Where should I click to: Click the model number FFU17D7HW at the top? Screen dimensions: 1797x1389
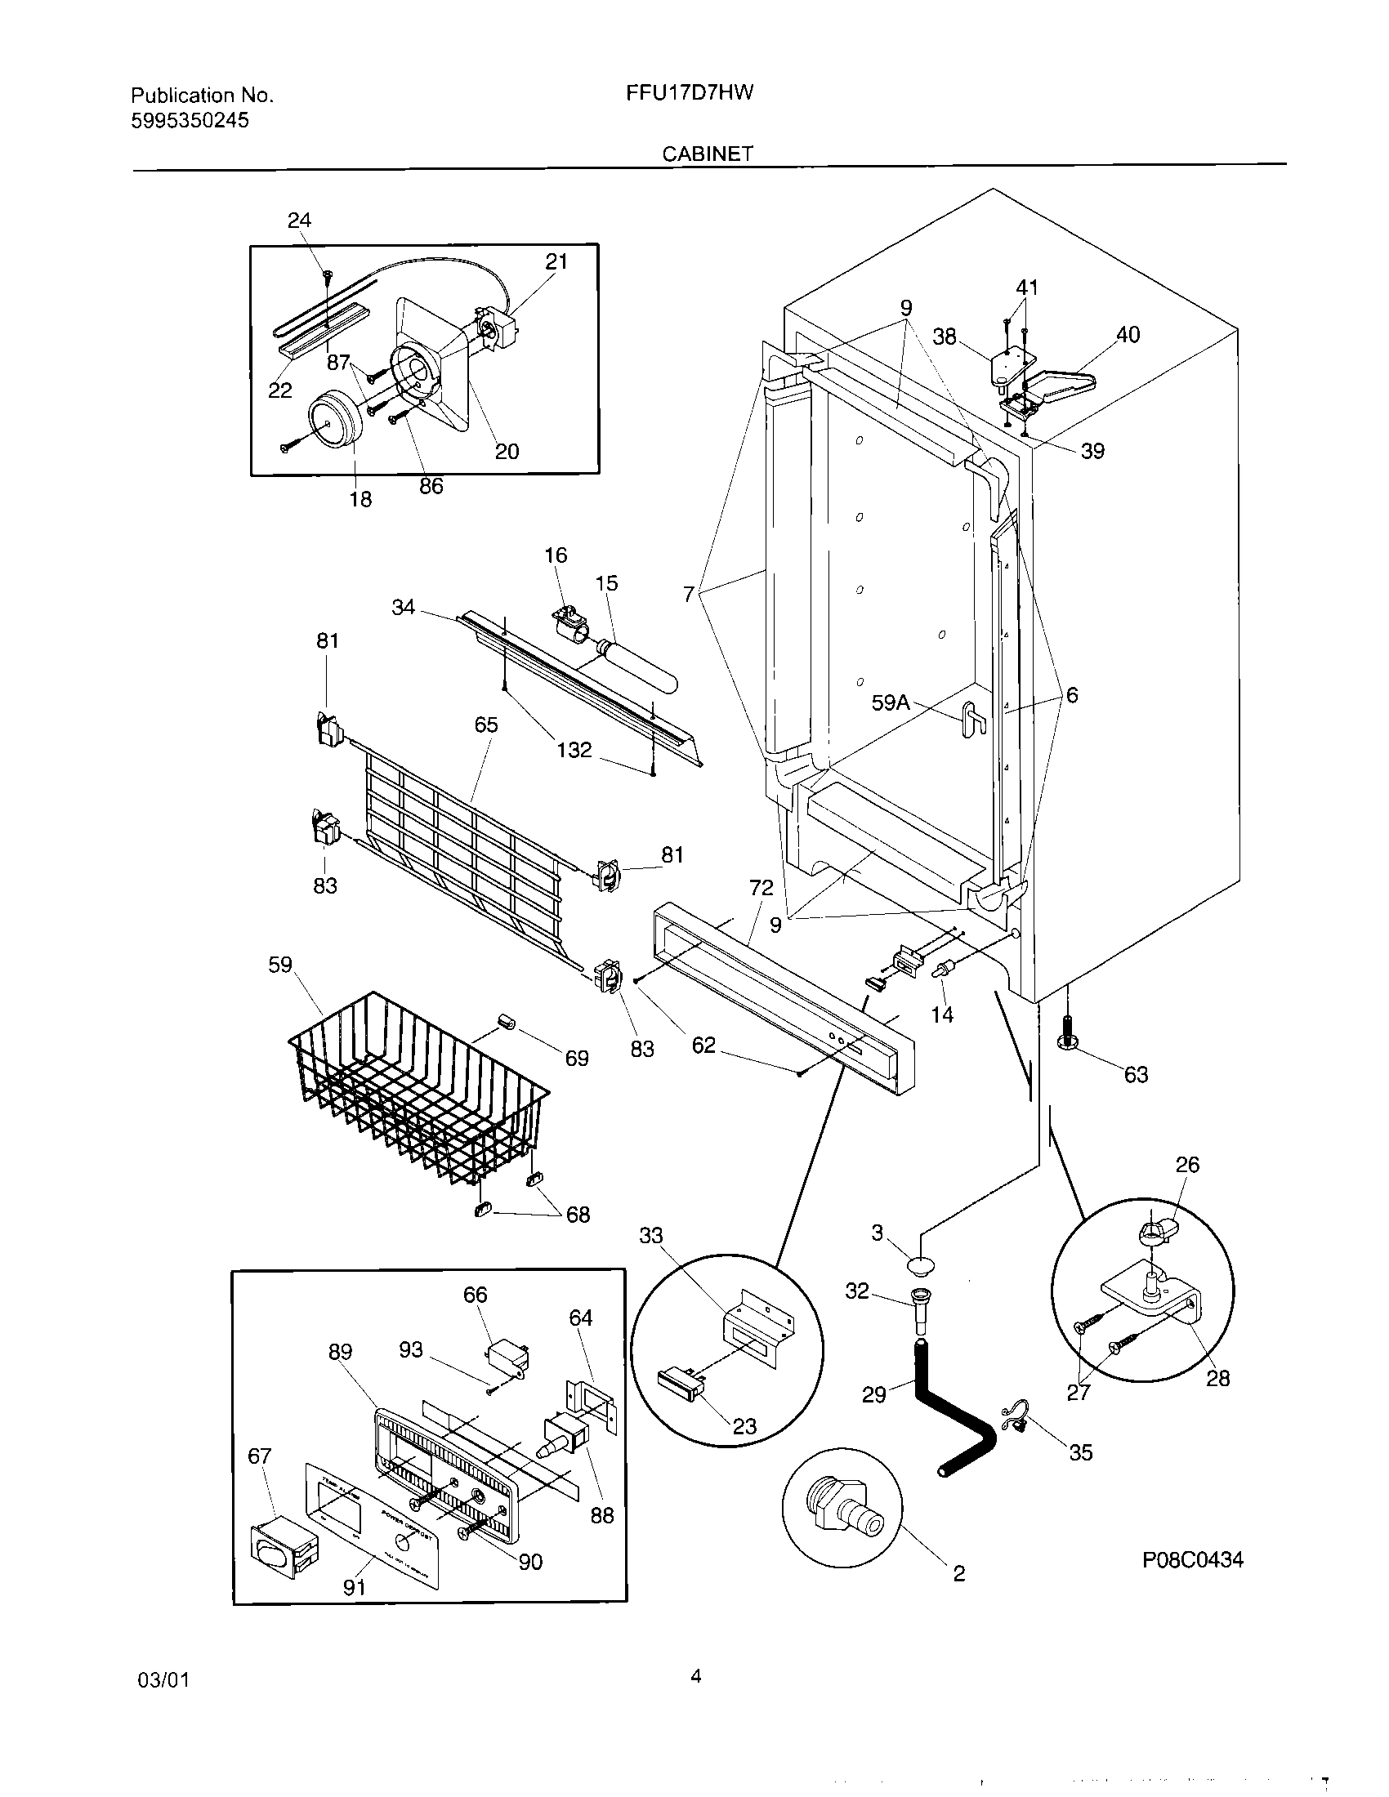[x=690, y=93]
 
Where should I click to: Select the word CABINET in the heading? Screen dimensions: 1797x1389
[x=708, y=154]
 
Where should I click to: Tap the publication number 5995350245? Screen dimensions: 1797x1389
[x=190, y=121]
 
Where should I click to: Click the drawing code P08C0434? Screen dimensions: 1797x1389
[x=1192, y=1559]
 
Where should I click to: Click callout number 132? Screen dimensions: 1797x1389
[x=574, y=750]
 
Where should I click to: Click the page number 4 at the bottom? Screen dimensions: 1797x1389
[x=695, y=1675]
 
